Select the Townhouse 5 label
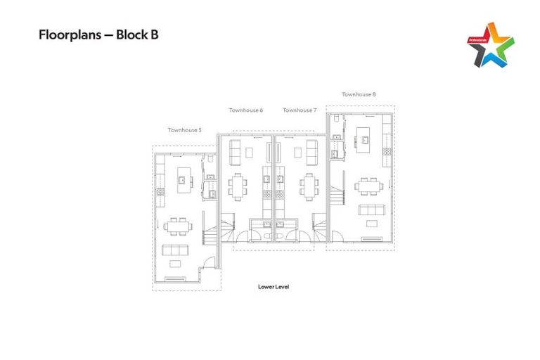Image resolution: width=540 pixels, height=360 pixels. pos(184,129)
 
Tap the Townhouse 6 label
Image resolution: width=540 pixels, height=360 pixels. pos(246,110)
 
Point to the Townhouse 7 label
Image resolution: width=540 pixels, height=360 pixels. pos(300,110)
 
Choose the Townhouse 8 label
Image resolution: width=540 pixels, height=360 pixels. pos(359,94)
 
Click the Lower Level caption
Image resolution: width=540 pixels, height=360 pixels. pos(274,287)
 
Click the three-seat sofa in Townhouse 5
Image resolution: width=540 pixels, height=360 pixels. pos(176,250)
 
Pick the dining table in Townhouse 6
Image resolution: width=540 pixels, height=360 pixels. pos(237,186)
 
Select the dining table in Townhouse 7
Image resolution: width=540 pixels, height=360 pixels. pos(308,186)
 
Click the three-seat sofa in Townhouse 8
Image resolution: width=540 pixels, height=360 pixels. pos(371,210)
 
